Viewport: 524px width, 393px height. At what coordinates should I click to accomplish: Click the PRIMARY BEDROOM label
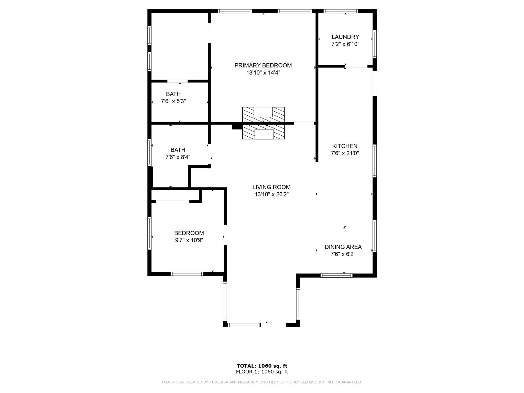click(x=263, y=65)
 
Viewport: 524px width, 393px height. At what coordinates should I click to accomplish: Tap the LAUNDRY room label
click(x=345, y=37)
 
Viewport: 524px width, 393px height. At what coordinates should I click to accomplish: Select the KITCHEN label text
click(x=345, y=146)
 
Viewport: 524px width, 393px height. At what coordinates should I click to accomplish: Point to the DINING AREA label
click(x=343, y=247)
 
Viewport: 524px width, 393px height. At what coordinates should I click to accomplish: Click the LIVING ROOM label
click(x=271, y=187)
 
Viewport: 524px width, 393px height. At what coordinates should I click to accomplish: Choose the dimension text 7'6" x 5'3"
click(x=173, y=101)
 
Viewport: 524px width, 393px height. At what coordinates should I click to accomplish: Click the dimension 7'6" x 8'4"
click(x=178, y=157)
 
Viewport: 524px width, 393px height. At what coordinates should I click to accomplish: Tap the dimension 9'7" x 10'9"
click(x=189, y=240)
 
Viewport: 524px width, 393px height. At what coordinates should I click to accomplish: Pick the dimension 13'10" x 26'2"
click(x=271, y=194)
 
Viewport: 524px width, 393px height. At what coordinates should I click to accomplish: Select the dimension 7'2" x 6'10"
click(x=345, y=44)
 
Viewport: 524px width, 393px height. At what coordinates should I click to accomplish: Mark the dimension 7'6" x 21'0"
click(x=345, y=153)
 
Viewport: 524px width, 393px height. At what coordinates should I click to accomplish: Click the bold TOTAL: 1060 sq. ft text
click(x=262, y=366)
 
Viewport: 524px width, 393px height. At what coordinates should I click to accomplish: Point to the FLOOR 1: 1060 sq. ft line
click(x=262, y=372)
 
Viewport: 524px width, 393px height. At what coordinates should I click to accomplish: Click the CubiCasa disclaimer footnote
click(x=262, y=382)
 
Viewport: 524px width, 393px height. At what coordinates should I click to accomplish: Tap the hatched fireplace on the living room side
click(x=264, y=132)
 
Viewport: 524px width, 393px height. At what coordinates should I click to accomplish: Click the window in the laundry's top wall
click(x=341, y=11)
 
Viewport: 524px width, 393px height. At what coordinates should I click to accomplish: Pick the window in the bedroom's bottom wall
click(x=187, y=274)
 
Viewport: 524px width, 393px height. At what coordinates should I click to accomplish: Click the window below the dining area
click(x=336, y=276)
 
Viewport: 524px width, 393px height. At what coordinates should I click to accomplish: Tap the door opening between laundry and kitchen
click(x=356, y=66)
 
